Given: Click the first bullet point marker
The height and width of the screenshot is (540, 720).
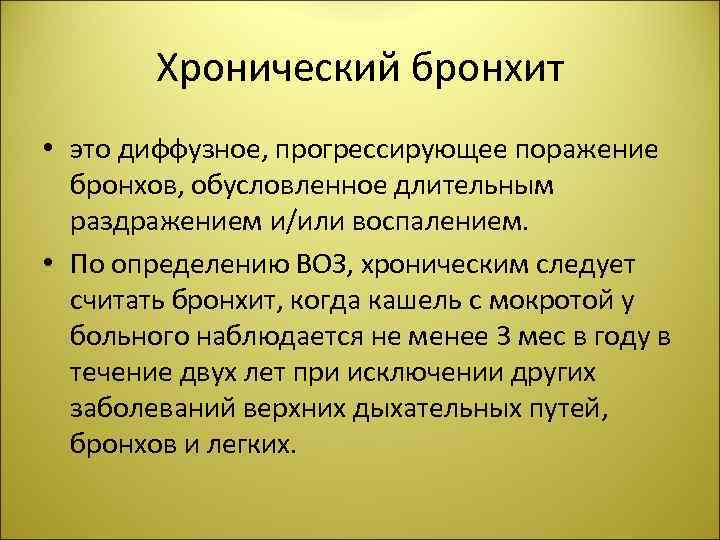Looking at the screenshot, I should [47, 150].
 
